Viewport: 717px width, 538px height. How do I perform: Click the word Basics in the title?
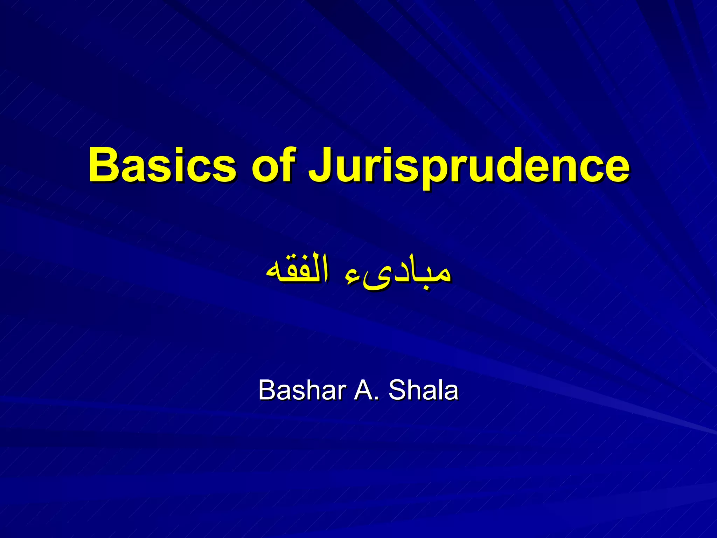[162, 165]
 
